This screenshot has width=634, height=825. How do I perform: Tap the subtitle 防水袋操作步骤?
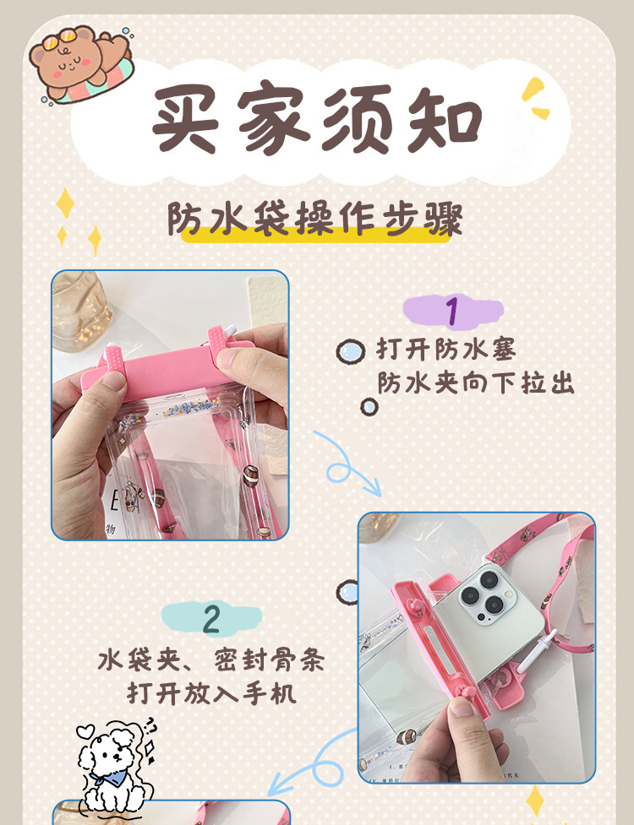tap(314, 219)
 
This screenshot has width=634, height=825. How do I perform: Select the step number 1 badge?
tap(452, 311)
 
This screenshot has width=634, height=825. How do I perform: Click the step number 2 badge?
tap(211, 619)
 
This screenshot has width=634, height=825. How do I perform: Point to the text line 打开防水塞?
tap(445, 350)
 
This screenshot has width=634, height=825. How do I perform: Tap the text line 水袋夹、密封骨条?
tap(210, 659)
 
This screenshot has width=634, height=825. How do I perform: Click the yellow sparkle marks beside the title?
tap(536, 98)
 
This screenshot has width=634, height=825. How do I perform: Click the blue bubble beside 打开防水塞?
tap(348, 351)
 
